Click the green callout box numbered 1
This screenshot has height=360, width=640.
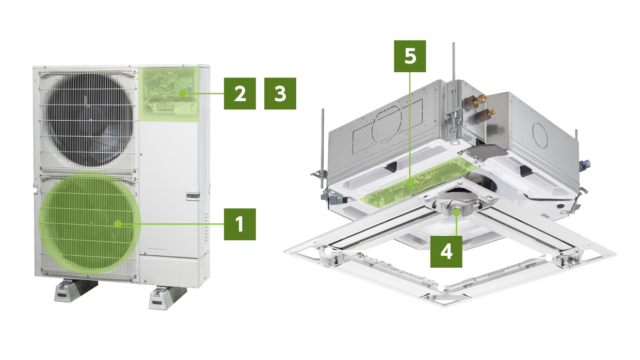pyautogui.click(x=239, y=224)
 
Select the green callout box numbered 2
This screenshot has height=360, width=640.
pyautogui.click(x=239, y=93)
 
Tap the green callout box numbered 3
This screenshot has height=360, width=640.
pyautogui.click(x=280, y=93)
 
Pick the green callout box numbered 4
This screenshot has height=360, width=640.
pyautogui.click(x=446, y=252)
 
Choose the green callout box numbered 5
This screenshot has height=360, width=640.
pyautogui.click(x=410, y=56)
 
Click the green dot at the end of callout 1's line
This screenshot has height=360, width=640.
pyautogui.click(x=118, y=224)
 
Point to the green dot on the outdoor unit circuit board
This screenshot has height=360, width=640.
pyautogui.click(x=182, y=93)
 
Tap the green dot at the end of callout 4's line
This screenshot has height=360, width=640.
pyautogui.click(x=456, y=212)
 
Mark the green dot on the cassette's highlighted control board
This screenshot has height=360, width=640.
pyautogui.click(x=410, y=183)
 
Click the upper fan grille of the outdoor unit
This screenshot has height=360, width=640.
pyautogui.click(x=87, y=120)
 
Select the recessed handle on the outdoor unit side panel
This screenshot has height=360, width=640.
pyautogui.click(x=193, y=195)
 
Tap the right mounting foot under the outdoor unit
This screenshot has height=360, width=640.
pyautogui.click(x=168, y=298)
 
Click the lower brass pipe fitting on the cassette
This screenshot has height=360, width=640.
pyautogui.click(x=485, y=116)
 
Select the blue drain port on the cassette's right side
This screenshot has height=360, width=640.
pyautogui.click(x=585, y=165)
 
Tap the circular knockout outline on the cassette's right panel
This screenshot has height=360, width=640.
pyautogui.click(x=540, y=135)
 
